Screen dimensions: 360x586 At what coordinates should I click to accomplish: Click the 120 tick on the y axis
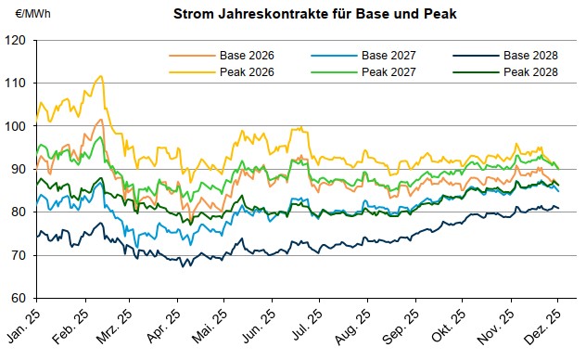pos(19,41)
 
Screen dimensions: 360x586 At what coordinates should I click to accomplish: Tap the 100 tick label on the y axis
pos(19,127)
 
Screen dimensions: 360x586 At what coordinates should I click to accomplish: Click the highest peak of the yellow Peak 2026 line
pos(101,76)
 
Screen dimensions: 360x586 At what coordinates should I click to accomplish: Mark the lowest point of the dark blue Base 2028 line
pos(183,266)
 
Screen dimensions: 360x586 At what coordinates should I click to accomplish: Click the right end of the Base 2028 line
pos(558,208)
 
